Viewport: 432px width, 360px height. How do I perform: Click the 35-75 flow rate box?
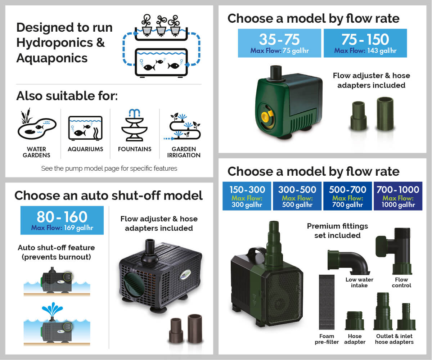279,43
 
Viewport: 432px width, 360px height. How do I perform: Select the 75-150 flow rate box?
365,43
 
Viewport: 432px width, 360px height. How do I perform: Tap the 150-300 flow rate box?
247,196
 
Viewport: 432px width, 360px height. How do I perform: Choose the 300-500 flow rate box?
297,196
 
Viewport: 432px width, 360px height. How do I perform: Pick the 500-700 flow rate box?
347,196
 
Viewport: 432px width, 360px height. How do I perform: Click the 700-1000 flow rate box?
398,196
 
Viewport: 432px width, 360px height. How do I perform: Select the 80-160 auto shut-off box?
62,220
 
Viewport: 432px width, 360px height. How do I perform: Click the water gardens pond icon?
37,125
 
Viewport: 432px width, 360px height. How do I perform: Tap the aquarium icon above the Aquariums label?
85,127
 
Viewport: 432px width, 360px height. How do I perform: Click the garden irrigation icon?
184,126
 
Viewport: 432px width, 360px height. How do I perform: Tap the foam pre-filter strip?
326,302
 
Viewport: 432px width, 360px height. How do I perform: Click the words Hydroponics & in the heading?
60,42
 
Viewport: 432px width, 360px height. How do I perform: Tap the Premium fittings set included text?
337,230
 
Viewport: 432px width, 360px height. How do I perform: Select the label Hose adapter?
355,339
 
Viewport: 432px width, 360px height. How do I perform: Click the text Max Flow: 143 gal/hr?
365,51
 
